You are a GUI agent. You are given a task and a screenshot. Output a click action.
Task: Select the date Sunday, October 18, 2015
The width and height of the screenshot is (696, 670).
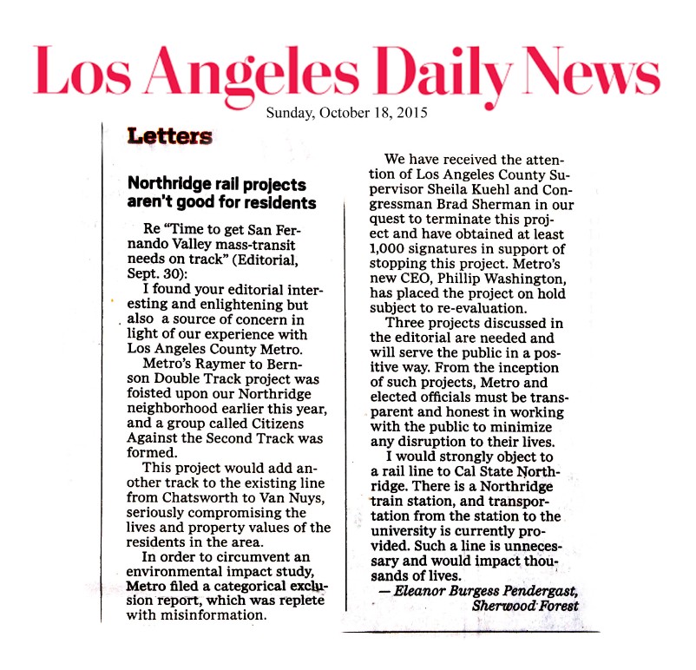click(x=346, y=112)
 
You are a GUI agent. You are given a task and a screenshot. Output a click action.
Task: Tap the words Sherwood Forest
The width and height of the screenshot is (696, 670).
click(x=525, y=606)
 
